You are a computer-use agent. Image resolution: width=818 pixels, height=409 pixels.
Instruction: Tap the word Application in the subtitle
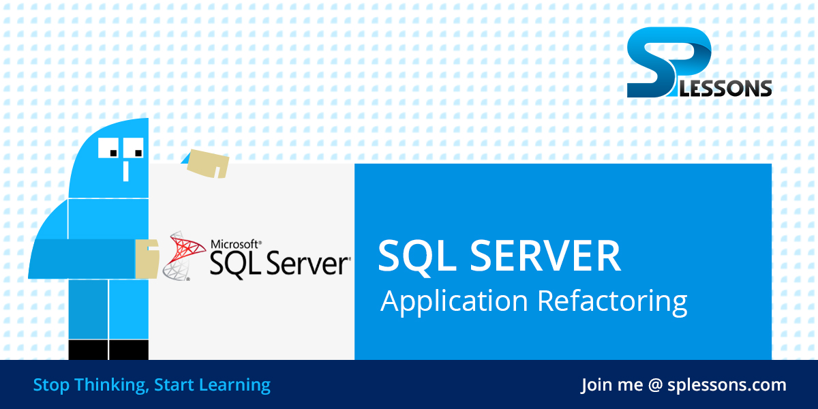point(454,301)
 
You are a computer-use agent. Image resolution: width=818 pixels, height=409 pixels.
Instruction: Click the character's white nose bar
point(125,170)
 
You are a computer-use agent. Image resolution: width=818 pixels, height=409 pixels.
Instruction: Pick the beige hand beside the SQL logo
point(147,259)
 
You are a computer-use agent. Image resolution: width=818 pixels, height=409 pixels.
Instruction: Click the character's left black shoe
point(89,350)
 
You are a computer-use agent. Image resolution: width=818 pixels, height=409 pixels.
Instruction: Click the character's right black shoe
point(129,350)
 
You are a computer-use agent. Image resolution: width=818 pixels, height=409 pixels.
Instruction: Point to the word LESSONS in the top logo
point(733,89)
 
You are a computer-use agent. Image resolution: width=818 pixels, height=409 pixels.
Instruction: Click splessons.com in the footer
point(727,385)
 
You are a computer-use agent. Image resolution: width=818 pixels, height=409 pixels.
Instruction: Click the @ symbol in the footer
point(655,385)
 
